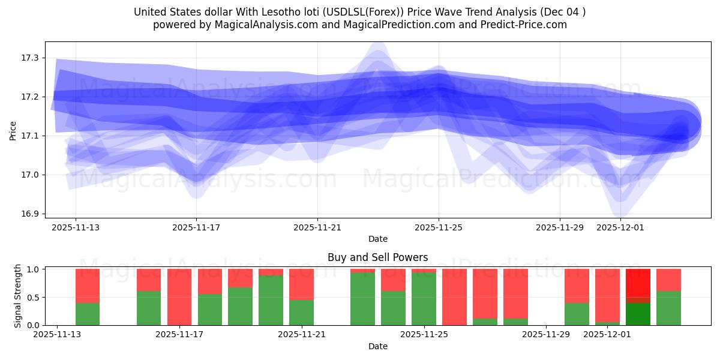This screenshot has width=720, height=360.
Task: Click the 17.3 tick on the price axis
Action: pyautogui.click(x=29, y=58)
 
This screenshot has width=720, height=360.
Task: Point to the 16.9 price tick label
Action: pyautogui.click(x=29, y=214)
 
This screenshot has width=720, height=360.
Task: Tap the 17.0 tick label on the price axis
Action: pyautogui.click(x=29, y=175)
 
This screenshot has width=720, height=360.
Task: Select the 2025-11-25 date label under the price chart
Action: pyautogui.click(x=439, y=228)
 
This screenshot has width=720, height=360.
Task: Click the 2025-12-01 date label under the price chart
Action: pyautogui.click(x=620, y=228)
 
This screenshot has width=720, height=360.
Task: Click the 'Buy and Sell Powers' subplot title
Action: pyautogui.click(x=377, y=257)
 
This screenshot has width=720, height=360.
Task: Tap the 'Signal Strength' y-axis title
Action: pyautogui.click(x=18, y=296)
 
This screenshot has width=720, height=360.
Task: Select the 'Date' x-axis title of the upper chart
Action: pyautogui.click(x=377, y=239)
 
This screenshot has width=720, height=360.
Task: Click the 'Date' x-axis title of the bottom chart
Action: pyautogui.click(x=377, y=346)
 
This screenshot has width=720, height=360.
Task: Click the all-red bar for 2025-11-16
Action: pyautogui.click(x=179, y=297)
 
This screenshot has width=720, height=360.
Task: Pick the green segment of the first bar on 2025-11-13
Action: pyautogui.click(x=88, y=314)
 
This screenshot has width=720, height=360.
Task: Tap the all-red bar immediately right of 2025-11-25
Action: pyautogui.click(x=454, y=297)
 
